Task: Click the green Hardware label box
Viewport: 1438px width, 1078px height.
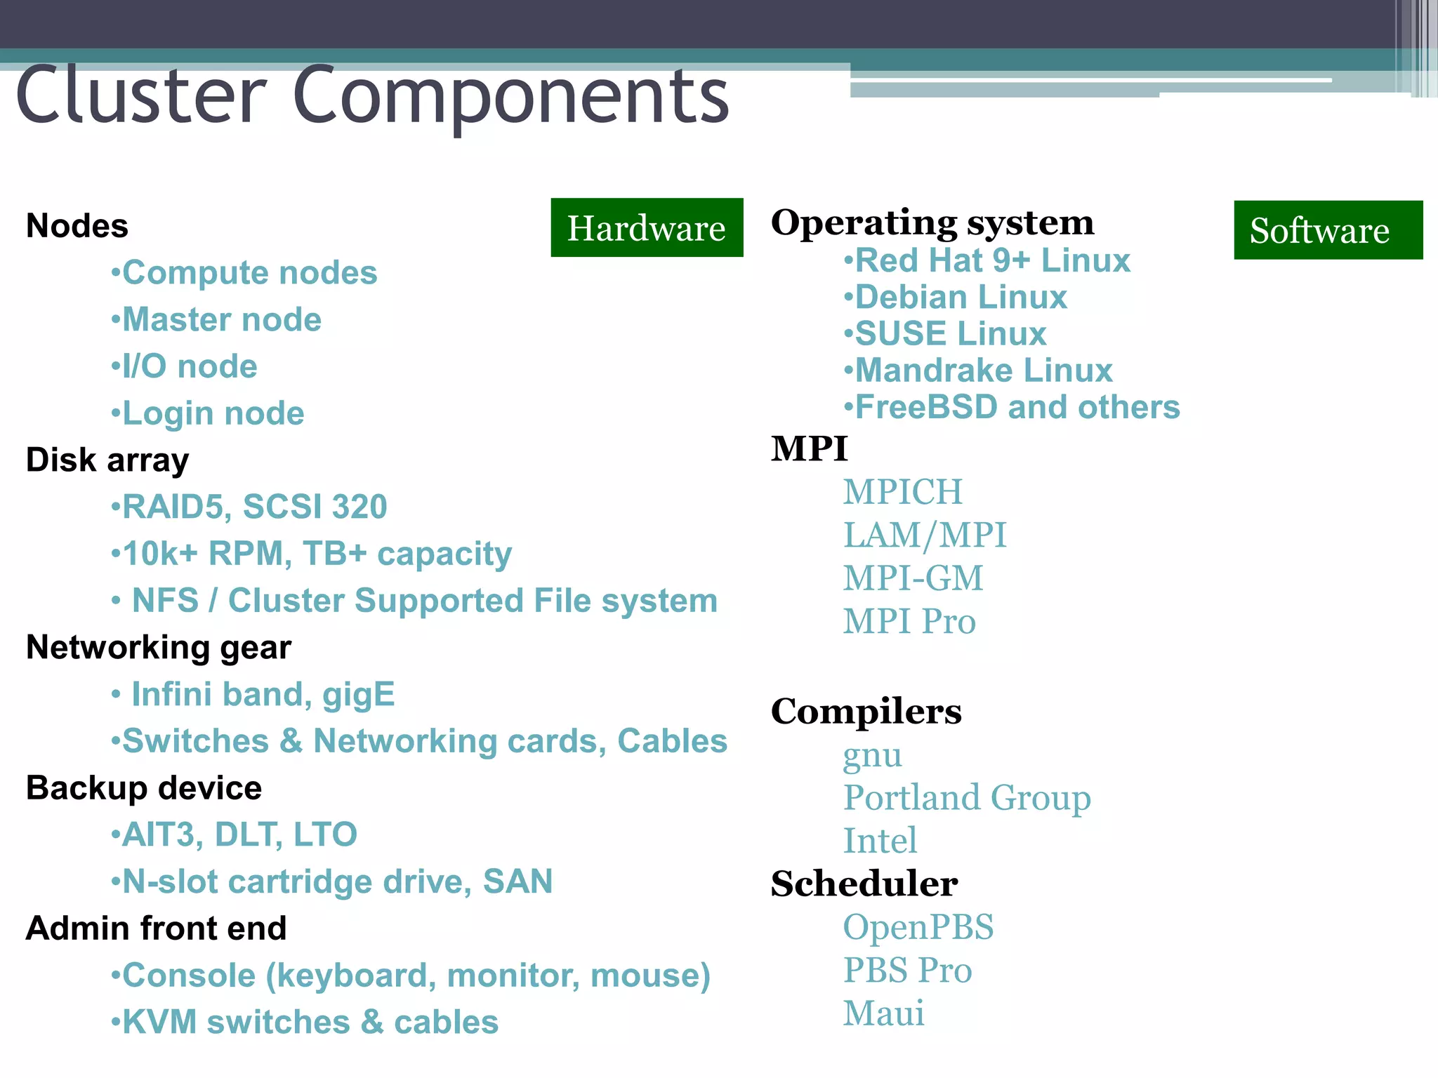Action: click(x=647, y=228)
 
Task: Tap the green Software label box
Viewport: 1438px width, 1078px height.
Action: click(x=1328, y=230)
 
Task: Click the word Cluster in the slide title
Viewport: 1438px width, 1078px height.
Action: click(x=140, y=95)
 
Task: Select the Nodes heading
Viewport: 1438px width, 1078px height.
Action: click(x=77, y=226)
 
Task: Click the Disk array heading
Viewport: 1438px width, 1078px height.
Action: click(x=107, y=460)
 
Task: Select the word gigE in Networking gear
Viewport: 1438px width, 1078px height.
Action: click(x=359, y=694)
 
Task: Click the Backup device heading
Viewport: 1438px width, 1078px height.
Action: click(x=144, y=788)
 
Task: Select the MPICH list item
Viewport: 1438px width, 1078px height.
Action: click(x=903, y=491)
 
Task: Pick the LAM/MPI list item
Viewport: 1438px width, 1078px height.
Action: click(x=925, y=535)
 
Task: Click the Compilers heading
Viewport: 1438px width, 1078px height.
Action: click(x=866, y=712)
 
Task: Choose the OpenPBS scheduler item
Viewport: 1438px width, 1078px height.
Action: click(x=918, y=927)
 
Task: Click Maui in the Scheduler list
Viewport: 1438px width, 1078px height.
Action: click(x=884, y=1013)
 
